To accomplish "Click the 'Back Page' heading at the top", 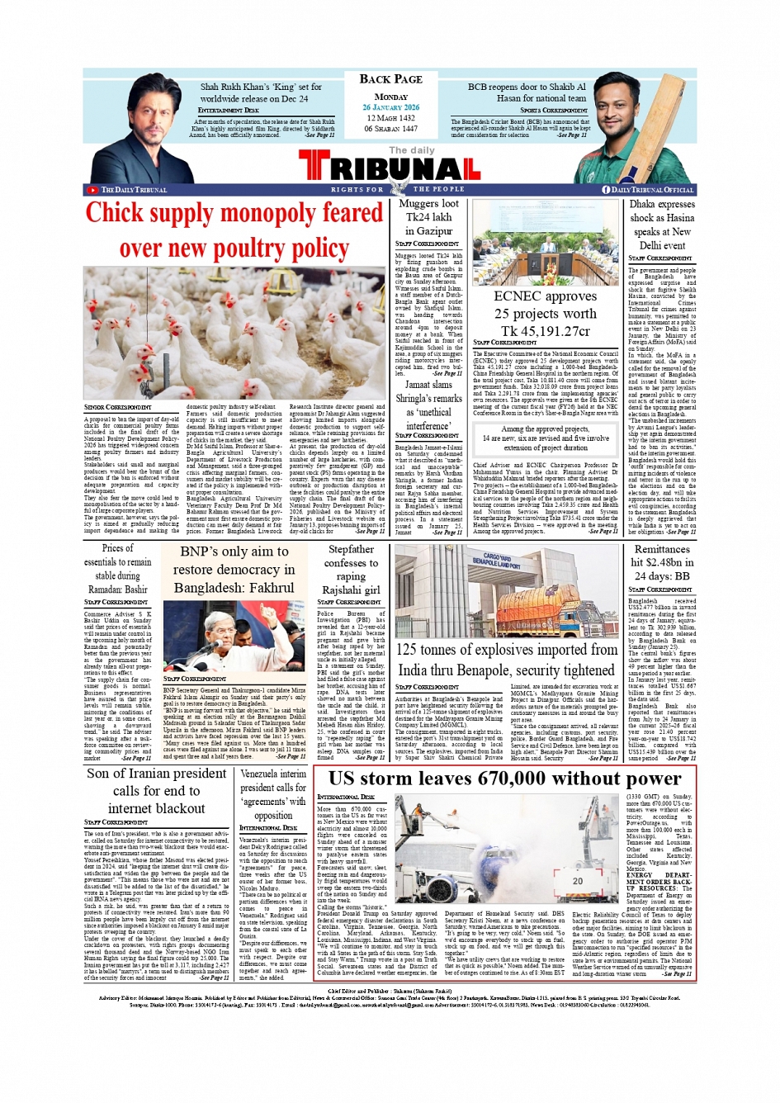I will pos(390,79).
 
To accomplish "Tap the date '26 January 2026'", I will pos(390,107).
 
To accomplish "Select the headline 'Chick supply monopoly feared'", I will pos(234,214).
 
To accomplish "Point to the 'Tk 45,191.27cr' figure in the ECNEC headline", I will pos(545,331).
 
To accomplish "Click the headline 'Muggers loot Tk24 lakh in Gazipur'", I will pos(428,217).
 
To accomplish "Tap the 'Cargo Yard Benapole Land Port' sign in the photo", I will pos(496,560).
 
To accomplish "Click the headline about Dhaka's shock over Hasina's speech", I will pos(662,225).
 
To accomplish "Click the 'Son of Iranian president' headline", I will pos(157,791).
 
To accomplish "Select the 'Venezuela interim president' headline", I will pos(272,794).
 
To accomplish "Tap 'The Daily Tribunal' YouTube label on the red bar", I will pos(133,190).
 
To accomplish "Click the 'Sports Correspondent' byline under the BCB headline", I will pos(554,110).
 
